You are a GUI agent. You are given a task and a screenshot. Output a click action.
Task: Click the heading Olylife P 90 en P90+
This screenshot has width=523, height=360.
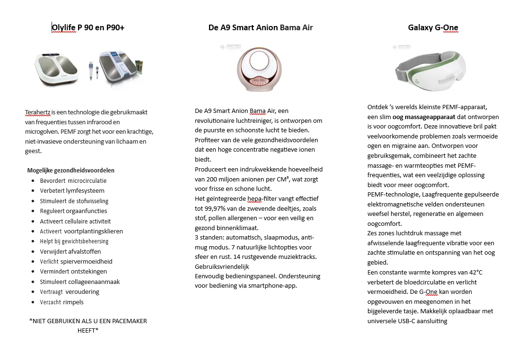click(x=88, y=27)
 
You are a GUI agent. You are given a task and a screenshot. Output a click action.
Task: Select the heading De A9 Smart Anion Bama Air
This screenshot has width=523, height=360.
click(x=261, y=27)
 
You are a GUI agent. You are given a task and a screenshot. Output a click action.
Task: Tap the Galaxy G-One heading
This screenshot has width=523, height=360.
click(x=433, y=27)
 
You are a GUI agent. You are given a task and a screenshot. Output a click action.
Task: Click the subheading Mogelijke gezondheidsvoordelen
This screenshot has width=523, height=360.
click(x=71, y=170)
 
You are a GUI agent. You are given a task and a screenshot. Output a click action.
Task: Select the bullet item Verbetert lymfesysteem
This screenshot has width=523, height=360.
click(x=72, y=191)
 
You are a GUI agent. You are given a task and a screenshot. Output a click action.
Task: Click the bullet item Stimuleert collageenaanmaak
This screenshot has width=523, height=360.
click(x=80, y=282)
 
